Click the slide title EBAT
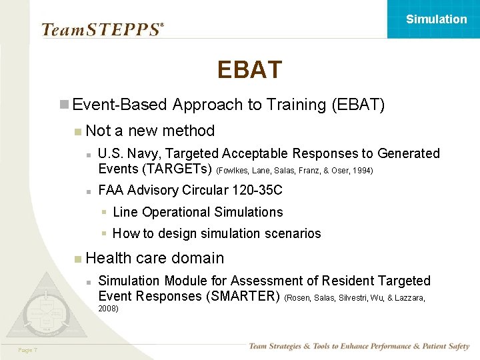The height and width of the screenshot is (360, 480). [249, 69]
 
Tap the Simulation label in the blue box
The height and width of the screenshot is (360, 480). [437, 19]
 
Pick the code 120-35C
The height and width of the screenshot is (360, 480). [257, 190]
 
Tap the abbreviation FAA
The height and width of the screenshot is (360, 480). [111, 190]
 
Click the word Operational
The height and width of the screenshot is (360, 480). [176, 212]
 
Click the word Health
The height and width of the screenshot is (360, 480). [109, 258]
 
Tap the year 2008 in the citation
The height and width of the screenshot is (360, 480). [108, 309]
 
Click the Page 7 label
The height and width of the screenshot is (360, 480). [27, 350]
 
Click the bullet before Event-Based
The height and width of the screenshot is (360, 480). [64, 105]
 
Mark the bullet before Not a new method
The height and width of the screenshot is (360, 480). [79, 131]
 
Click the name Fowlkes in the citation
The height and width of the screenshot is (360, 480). [233, 171]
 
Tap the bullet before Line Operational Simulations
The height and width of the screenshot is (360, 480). [104, 213]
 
